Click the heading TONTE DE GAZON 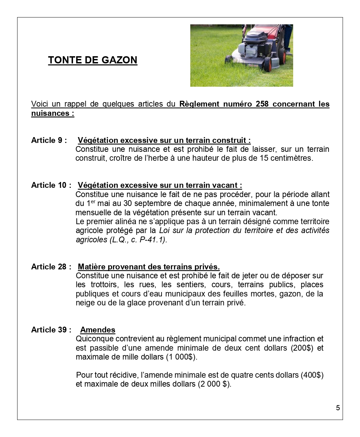93,60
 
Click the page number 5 338,408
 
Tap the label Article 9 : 49,140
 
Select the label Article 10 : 51,185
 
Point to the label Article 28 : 51,267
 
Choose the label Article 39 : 51,330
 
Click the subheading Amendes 98,330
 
